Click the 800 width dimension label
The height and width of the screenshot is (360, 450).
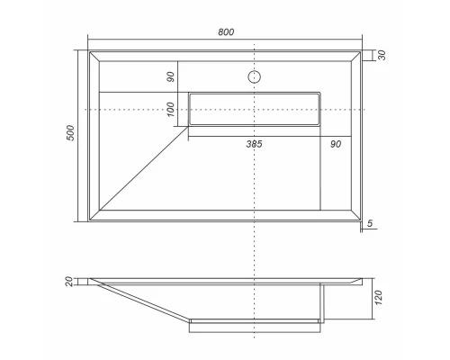coord(226,31)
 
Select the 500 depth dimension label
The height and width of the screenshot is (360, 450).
coord(70,133)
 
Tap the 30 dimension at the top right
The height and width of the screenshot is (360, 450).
coord(382,55)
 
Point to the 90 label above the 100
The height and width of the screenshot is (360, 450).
coord(170,76)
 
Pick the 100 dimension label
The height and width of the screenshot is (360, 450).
coord(170,109)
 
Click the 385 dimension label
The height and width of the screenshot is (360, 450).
coord(254,144)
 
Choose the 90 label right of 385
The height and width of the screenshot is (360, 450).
coord(336,144)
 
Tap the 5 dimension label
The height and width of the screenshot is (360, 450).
coord(370,223)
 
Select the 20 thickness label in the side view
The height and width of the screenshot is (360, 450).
coord(69,282)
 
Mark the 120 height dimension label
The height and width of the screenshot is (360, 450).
coord(379,298)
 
